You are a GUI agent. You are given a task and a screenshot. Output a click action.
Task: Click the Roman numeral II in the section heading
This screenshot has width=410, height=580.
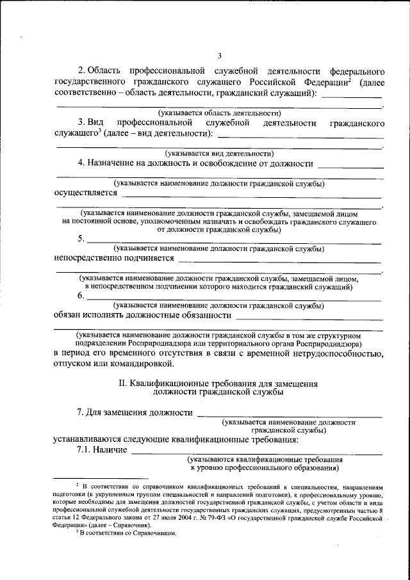click(123, 383)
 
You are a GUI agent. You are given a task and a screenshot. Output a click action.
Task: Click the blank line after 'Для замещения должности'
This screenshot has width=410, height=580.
click(289, 414)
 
